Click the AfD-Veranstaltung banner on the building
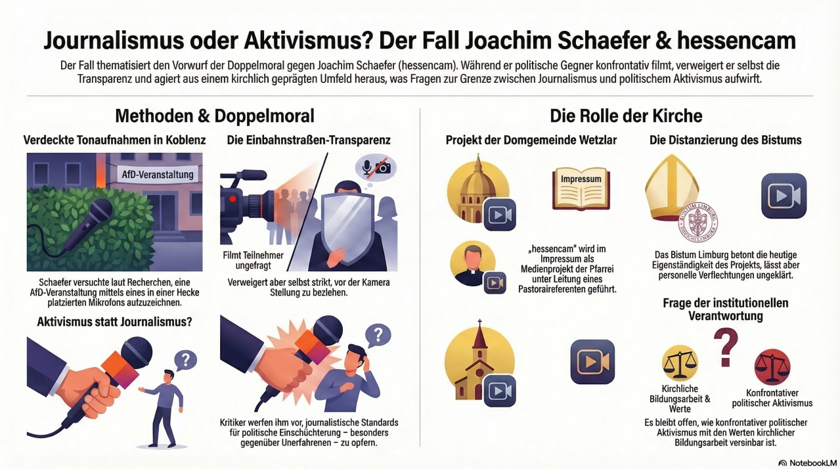[157, 175]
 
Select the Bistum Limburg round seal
[698, 223]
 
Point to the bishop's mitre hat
[671, 188]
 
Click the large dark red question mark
[726, 347]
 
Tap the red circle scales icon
[772, 367]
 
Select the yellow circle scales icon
[680, 363]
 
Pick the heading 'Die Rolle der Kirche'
[626, 116]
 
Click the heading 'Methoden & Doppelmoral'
[215, 116]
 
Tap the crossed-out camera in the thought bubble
[383, 167]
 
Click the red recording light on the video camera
[232, 199]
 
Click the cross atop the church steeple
[479, 323]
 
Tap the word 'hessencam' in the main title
[736, 41]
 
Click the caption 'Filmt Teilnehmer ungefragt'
[253, 260]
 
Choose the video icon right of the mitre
[784, 196]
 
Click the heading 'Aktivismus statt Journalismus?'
[114, 322]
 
